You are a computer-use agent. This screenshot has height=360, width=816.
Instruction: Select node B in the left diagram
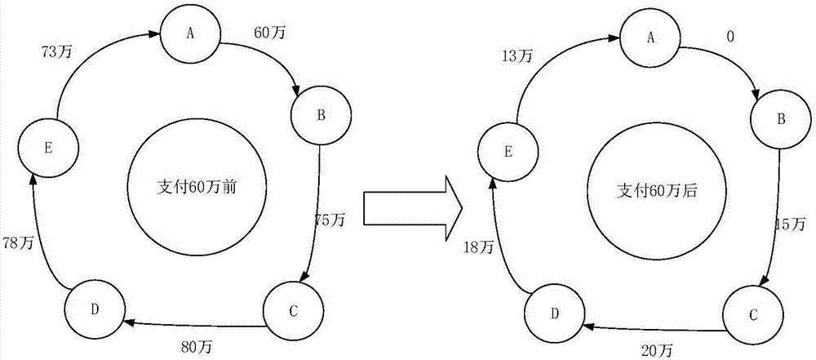321,115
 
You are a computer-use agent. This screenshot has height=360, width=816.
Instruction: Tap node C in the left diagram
294,311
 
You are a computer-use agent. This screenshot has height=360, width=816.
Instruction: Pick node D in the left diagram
95,309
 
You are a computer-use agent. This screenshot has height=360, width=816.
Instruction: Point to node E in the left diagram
49,148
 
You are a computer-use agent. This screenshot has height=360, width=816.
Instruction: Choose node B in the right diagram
780,119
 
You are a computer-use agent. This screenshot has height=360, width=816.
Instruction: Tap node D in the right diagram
554,313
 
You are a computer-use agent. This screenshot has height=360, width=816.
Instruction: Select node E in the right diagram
508,152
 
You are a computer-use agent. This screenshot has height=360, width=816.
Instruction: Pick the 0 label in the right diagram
730,37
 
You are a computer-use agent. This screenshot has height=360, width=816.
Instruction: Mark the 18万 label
480,247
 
